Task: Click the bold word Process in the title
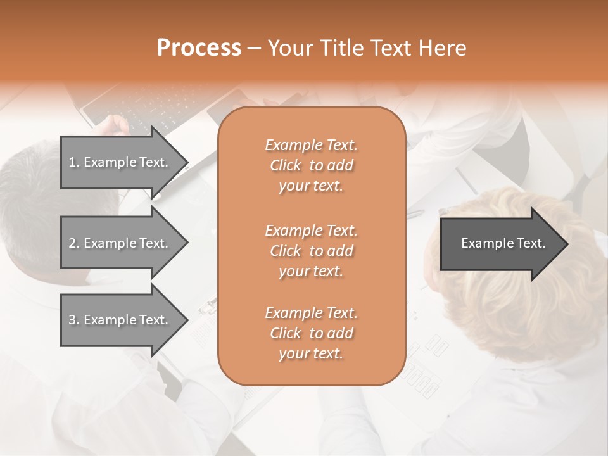[199, 48]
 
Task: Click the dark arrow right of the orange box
[500, 243]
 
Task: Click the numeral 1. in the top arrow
[73, 162]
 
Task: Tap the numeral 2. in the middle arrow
[73, 243]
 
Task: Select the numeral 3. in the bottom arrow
[73, 320]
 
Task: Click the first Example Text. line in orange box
[311, 145]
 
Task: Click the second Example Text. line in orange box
[311, 230]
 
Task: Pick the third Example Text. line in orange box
[311, 313]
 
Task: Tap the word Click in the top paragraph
[286, 165]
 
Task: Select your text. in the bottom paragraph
[311, 354]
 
